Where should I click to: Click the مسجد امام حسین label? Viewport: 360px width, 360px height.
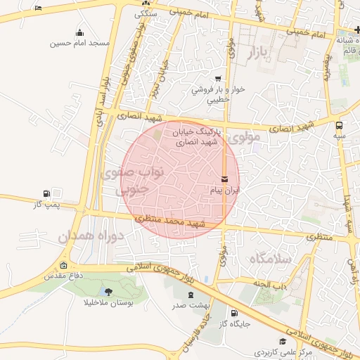(79, 43)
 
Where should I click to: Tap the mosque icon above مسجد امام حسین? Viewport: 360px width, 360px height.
(79, 32)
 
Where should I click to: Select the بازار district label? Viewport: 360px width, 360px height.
(259, 53)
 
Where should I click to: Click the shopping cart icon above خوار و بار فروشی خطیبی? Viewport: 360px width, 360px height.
(218, 79)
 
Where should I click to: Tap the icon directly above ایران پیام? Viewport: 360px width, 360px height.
(224, 179)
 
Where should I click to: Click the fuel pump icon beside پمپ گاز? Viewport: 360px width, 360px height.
(46, 193)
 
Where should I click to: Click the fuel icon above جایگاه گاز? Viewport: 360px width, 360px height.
(233, 313)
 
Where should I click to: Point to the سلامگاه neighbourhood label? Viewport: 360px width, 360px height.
(269, 259)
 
